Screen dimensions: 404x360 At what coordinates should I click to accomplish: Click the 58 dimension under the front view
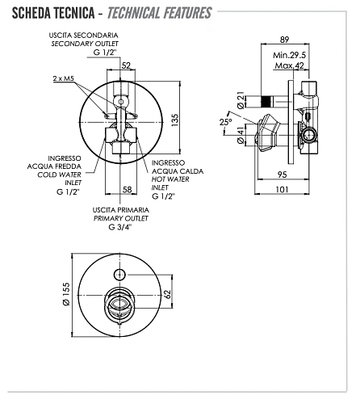click(127, 190)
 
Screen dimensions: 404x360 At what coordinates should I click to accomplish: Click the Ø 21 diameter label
click(240, 101)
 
